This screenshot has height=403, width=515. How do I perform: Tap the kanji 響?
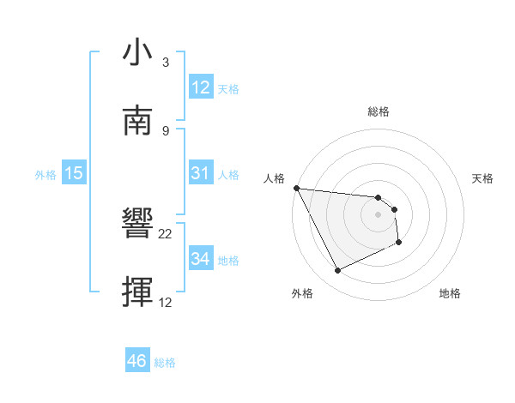pyautogui.click(x=138, y=226)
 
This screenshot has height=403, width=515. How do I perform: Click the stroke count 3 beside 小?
pyautogui.click(x=165, y=63)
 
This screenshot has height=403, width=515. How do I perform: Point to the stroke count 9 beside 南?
pyautogui.click(x=165, y=130)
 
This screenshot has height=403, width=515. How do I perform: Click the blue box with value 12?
pyautogui.click(x=200, y=87)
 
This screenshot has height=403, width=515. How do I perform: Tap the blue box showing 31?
pyautogui.click(x=200, y=173)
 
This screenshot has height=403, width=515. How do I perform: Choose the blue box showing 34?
pyautogui.click(x=200, y=258)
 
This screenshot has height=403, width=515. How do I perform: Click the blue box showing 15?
pyautogui.click(x=74, y=173)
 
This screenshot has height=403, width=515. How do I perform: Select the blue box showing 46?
pyautogui.click(x=136, y=361)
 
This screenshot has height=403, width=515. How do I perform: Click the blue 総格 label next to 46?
pyautogui.click(x=165, y=363)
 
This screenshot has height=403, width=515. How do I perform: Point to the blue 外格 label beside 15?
pyautogui.click(x=45, y=175)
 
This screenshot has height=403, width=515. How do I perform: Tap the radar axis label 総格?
pyautogui.click(x=378, y=111)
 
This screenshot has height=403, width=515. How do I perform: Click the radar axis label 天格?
pyautogui.click(x=483, y=178)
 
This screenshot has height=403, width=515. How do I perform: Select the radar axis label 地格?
pyautogui.click(x=450, y=294)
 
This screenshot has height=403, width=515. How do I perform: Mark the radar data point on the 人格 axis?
pyautogui.click(x=296, y=188)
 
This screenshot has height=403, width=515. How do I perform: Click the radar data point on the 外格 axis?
pyautogui.click(x=337, y=271)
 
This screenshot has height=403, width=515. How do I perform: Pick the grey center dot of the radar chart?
pyautogui.click(x=378, y=214)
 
